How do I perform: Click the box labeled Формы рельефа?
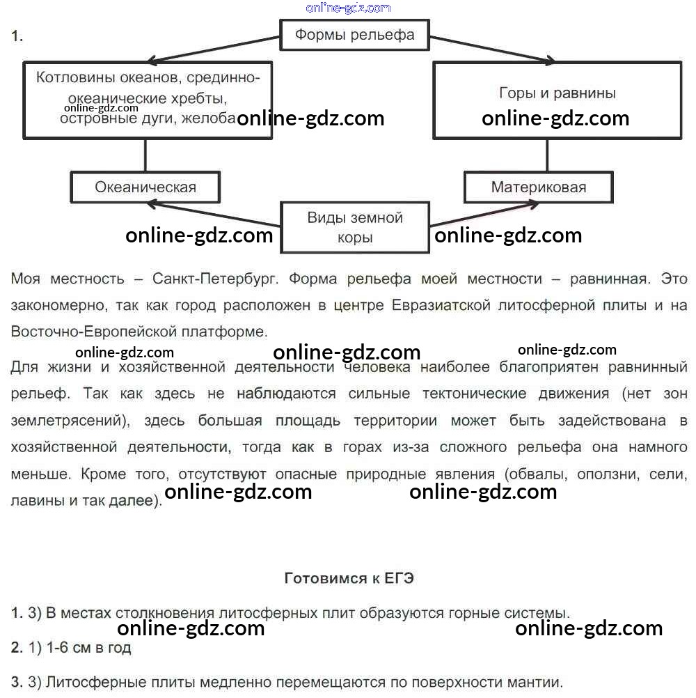click(354, 35)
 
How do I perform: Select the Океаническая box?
click(145, 187)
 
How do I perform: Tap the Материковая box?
click(539, 187)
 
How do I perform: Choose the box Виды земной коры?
click(355, 227)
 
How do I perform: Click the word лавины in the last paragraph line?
click(35, 500)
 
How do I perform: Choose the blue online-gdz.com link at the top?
click(348, 8)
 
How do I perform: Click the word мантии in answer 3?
click(535, 681)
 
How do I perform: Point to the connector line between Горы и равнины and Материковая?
click(548, 155)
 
